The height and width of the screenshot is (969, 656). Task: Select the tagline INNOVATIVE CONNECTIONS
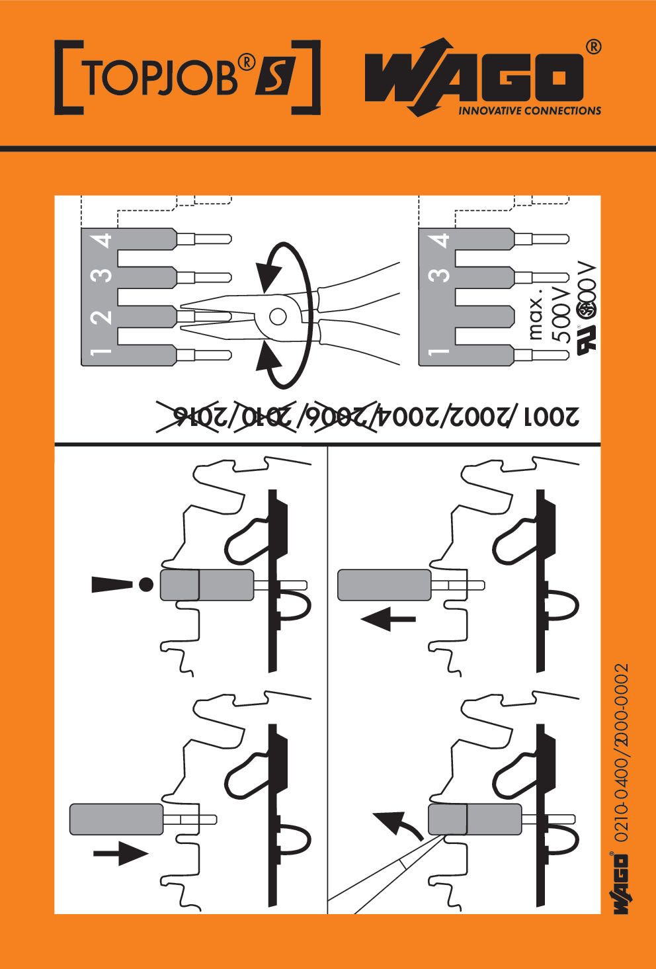(530, 111)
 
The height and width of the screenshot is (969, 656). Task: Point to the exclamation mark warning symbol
(123, 584)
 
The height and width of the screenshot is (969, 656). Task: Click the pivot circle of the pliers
(278, 317)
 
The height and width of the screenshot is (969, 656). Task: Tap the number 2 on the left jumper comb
(103, 317)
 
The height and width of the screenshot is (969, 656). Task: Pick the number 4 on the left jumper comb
(103, 240)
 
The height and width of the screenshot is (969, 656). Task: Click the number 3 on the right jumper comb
(440, 274)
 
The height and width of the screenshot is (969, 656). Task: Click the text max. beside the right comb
(537, 316)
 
